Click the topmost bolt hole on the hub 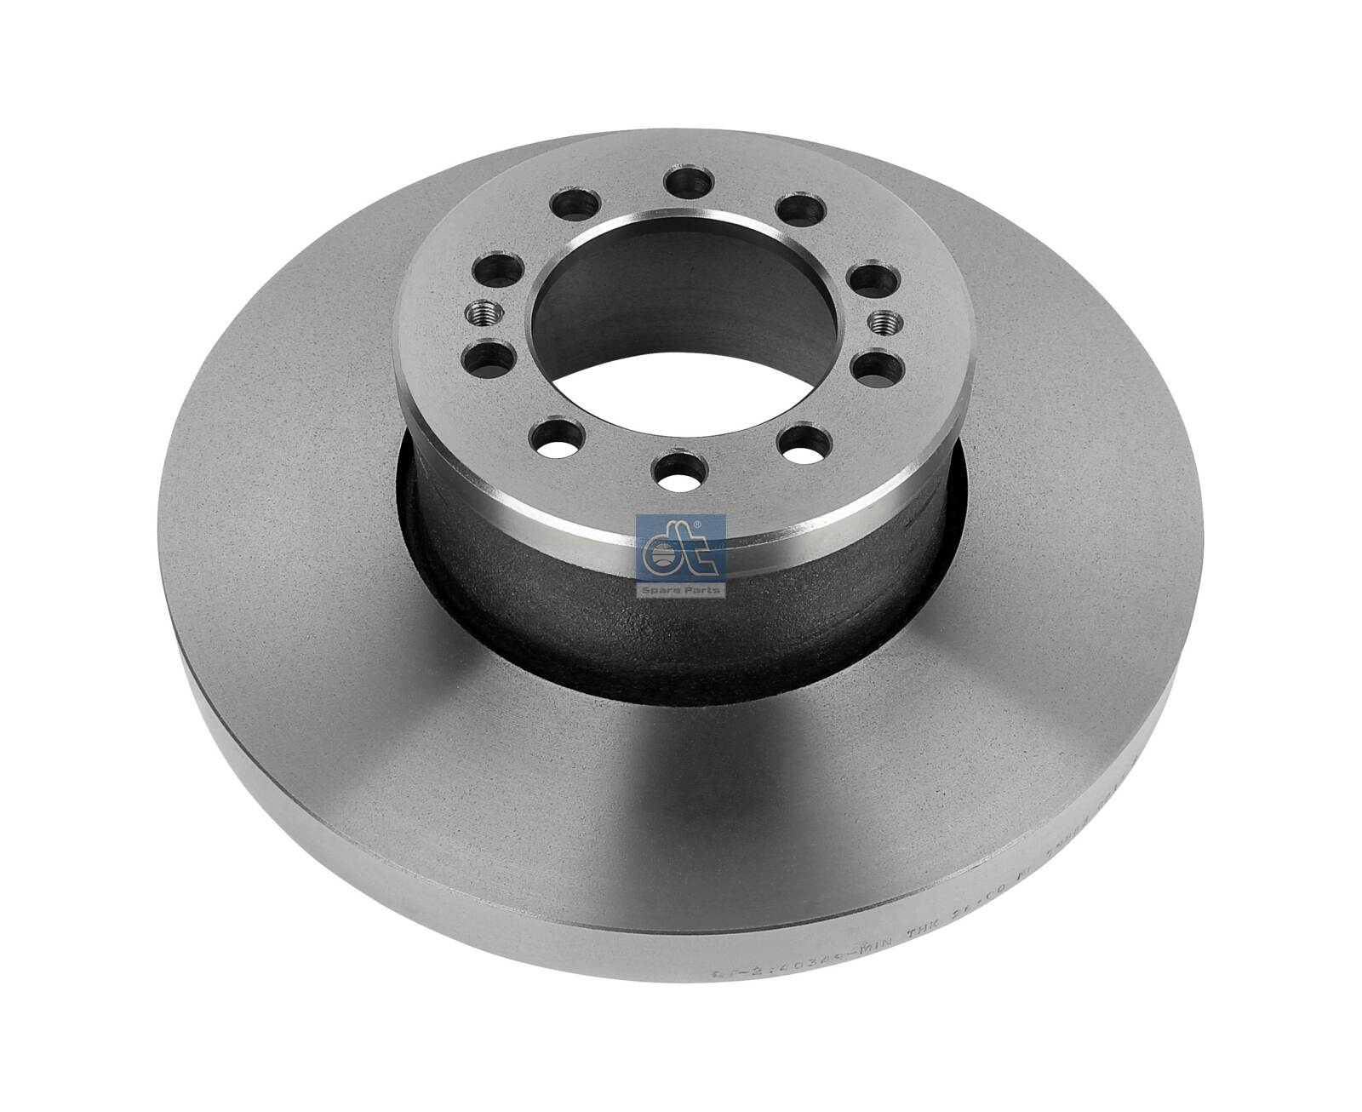tap(689, 181)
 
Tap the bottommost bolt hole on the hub tap(680, 471)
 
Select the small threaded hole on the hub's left tap(478, 315)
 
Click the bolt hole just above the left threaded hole tap(496, 271)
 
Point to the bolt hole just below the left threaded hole tap(488, 359)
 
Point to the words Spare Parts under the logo tap(680, 588)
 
